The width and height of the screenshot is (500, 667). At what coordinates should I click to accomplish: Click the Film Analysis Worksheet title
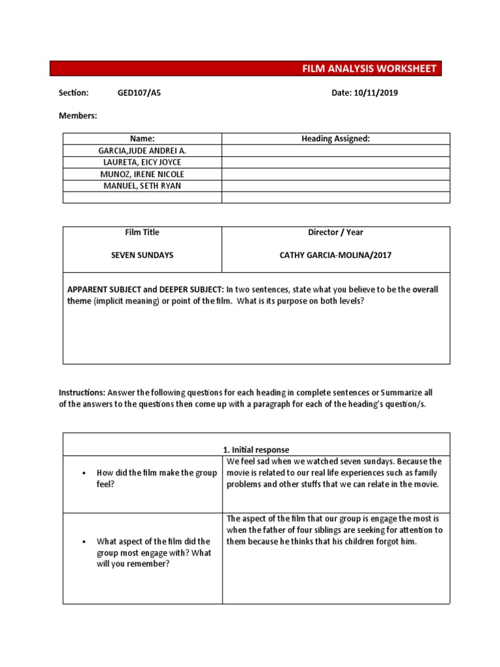pyautogui.click(x=369, y=69)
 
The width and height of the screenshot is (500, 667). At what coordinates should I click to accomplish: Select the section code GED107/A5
pyautogui.click(x=139, y=93)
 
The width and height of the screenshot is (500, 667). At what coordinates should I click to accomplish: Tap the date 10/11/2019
pyautogui.click(x=376, y=93)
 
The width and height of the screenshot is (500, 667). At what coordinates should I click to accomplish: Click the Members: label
pyautogui.click(x=77, y=115)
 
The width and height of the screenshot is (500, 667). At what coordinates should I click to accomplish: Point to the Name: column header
pyautogui.click(x=142, y=139)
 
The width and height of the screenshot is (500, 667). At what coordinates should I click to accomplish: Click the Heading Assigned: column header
pyautogui.click(x=335, y=139)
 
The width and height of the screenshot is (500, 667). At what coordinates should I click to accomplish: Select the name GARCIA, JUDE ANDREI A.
pyautogui.click(x=142, y=150)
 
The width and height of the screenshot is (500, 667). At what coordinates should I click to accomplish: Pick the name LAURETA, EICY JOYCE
pyautogui.click(x=142, y=162)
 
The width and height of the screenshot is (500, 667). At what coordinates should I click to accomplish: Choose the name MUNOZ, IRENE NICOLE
pyautogui.click(x=142, y=174)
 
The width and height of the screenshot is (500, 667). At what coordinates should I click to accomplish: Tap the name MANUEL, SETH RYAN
pyautogui.click(x=142, y=186)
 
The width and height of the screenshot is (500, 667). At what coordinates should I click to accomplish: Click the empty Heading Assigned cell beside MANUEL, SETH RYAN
pyautogui.click(x=335, y=186)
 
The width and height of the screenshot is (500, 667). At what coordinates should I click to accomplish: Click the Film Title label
pyautogui.click(x=142, y=233)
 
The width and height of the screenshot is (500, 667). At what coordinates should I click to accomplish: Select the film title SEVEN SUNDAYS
pyautogui.click(x=142, y=255)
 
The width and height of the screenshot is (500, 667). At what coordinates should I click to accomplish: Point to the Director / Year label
pyautogui.click(x=335, y=233)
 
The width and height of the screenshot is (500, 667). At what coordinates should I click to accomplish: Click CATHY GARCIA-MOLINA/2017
pyautogui.click(x=335, y=255)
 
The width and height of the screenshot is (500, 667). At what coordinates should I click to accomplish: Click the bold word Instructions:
pyautogui.click(x=82, y=393)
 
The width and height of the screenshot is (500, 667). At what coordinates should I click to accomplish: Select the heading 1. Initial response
pyautogui.click(x=256, y=449)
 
